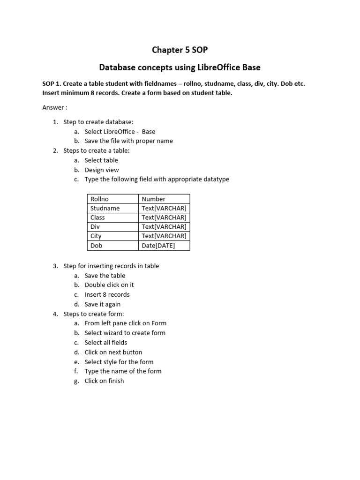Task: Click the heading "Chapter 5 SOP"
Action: tap(180, 50)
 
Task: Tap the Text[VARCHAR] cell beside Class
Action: tap(164, 217)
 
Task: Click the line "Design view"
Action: tap(102, 170)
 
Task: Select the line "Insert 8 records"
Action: tap(107, 294)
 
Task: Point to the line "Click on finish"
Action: tap(104, 381)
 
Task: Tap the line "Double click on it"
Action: tap(109, 285)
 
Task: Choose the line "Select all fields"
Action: tap(106, 342)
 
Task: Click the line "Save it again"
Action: tap(103, 304)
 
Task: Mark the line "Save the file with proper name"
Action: tap(128, 141)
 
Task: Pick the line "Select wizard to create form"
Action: tap(125, 333)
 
